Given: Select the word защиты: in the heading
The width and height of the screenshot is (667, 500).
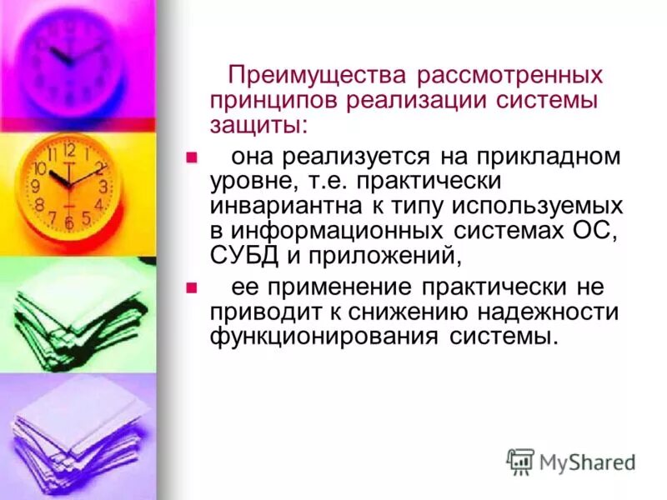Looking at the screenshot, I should [258, 124].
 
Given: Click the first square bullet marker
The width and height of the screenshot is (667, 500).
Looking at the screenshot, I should [190, 156].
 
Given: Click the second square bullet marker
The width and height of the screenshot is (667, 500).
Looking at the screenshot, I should [190, 288].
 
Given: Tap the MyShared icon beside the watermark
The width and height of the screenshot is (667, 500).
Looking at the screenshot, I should [520, 461].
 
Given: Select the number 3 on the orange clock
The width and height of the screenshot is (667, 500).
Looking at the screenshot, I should [103, 187].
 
